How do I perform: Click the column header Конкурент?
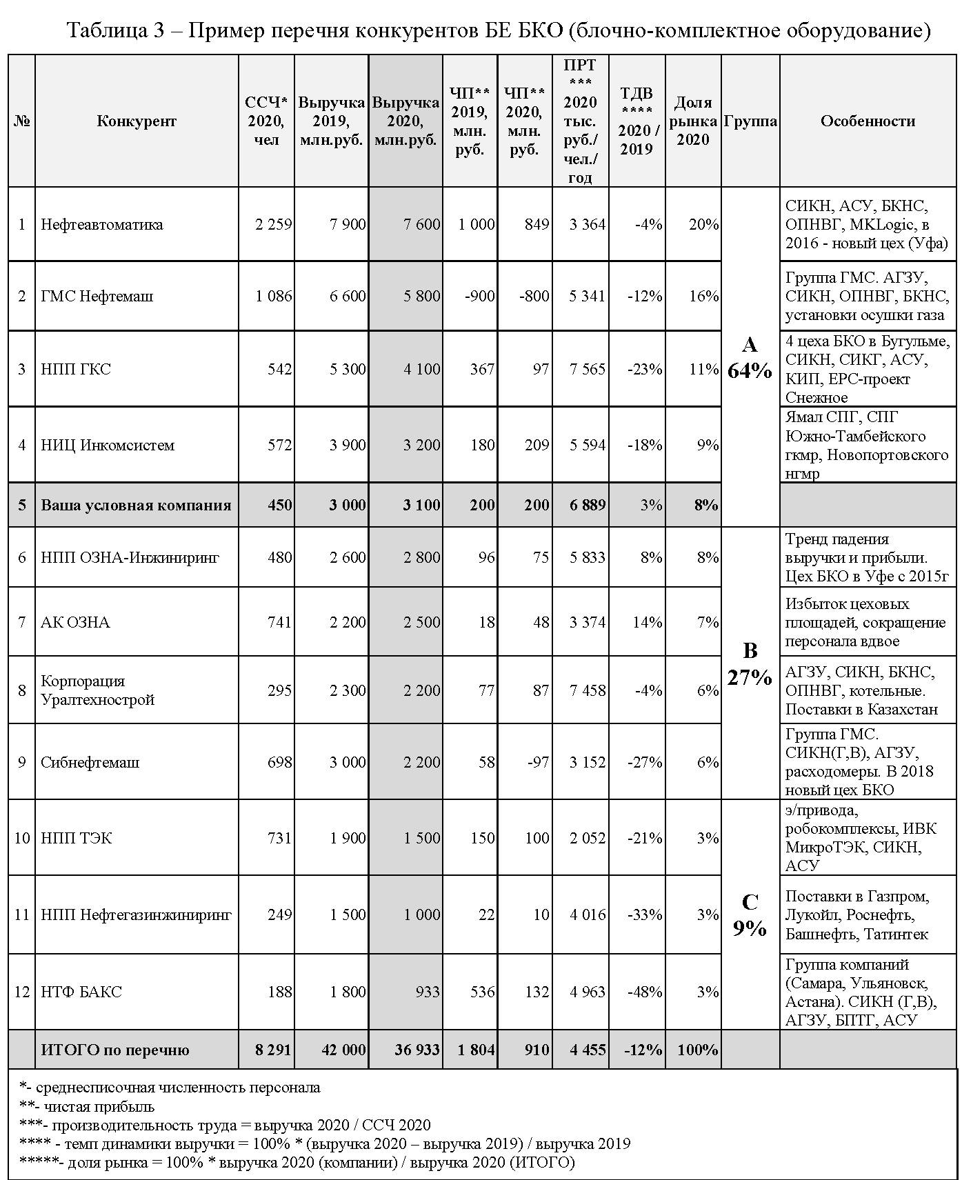137,121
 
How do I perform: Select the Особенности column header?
868,121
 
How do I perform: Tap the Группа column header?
750,121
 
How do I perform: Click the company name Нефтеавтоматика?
102,224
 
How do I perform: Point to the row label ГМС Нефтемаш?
97,296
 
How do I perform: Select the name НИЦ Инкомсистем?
108,445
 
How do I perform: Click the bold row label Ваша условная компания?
136,505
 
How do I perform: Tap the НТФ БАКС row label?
81,992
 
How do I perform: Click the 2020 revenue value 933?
428,992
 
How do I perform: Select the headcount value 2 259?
274,224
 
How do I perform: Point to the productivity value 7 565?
588,369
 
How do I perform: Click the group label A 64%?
750,358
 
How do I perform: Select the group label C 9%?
750,914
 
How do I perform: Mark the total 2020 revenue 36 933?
417,1050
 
